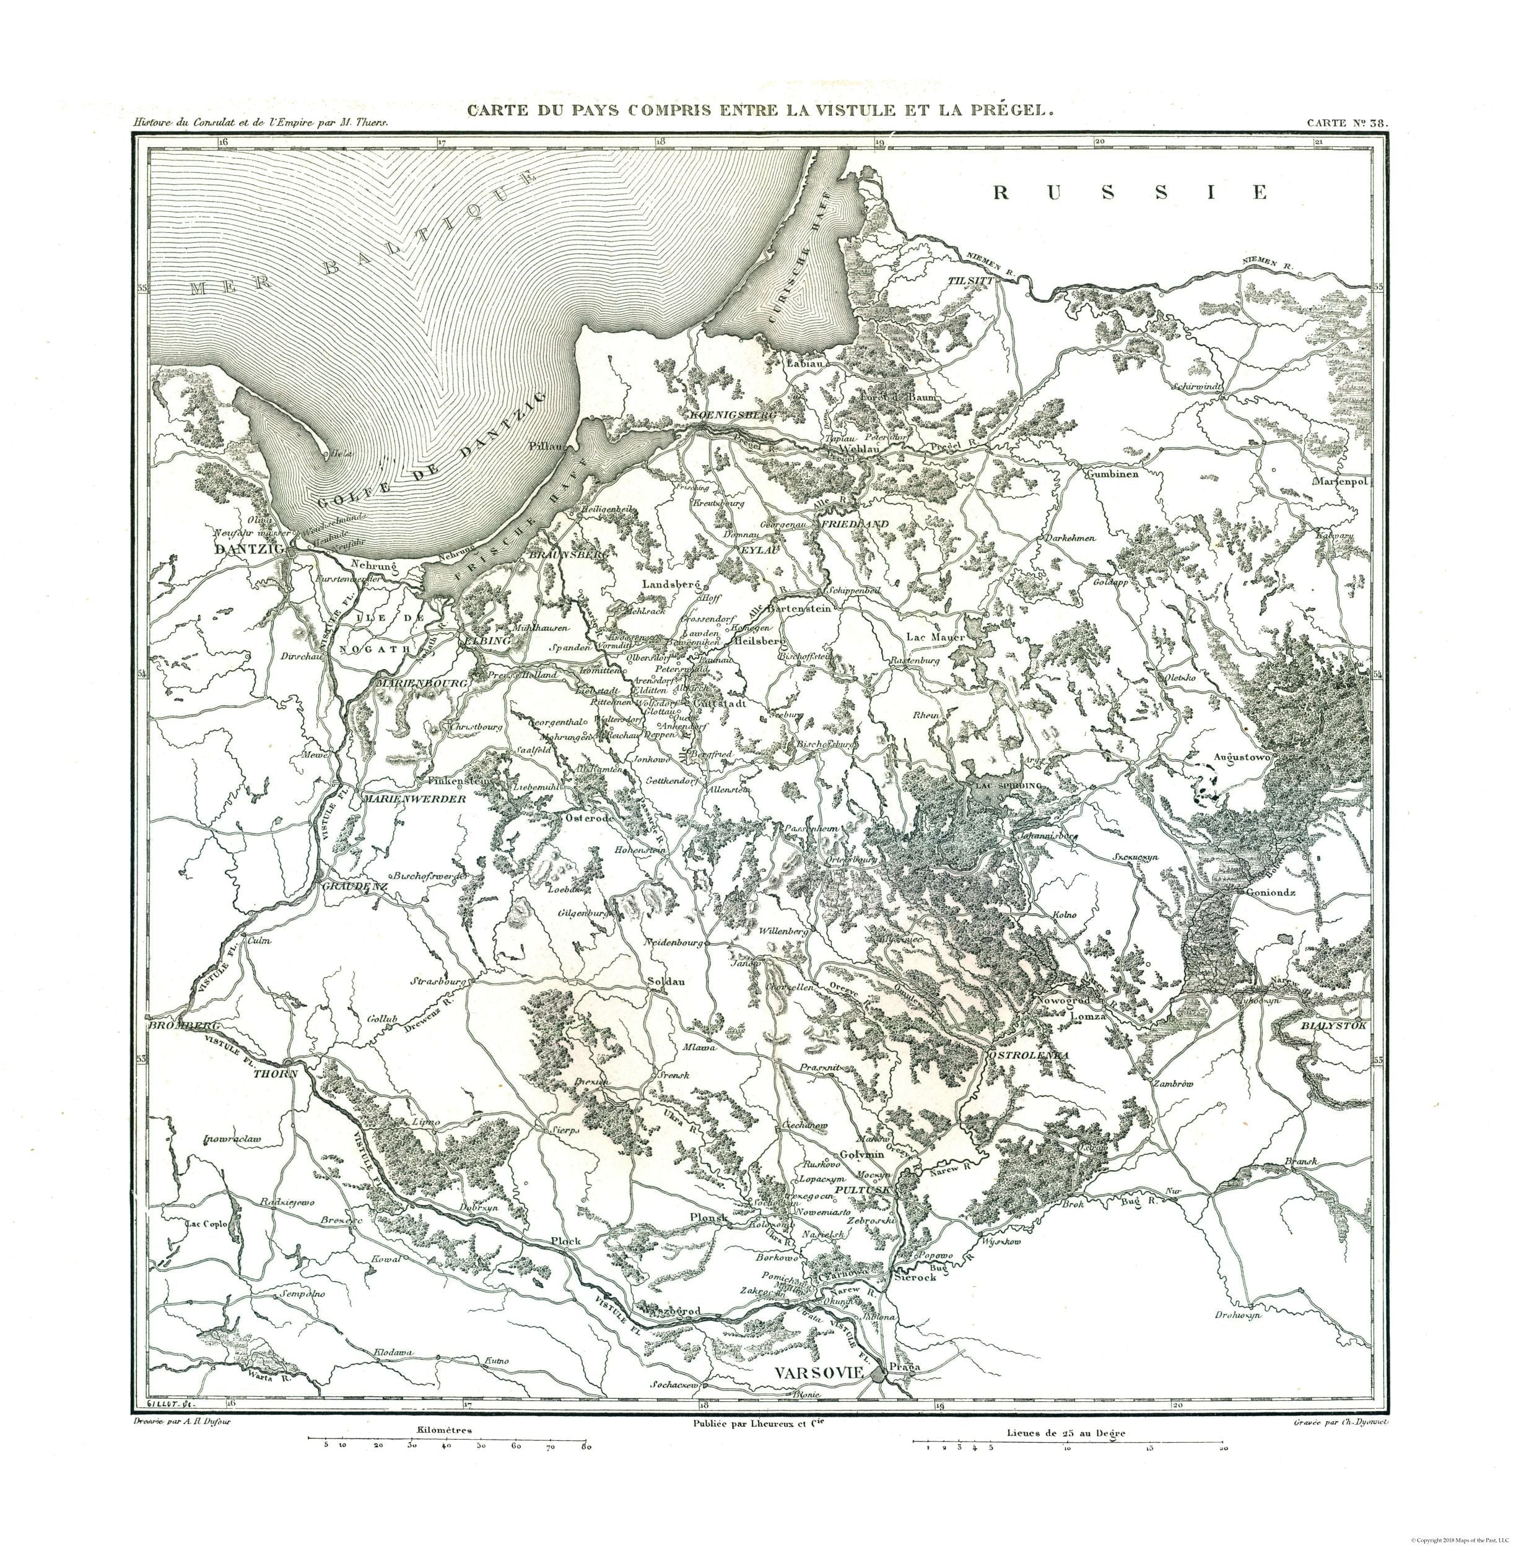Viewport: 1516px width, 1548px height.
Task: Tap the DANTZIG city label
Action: click(249, 549)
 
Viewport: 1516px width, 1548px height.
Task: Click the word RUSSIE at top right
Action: click(1131, 193)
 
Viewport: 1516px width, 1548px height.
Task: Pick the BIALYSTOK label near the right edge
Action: click(1334, 1027)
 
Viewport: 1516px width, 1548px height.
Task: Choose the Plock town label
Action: click(566, 1241)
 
